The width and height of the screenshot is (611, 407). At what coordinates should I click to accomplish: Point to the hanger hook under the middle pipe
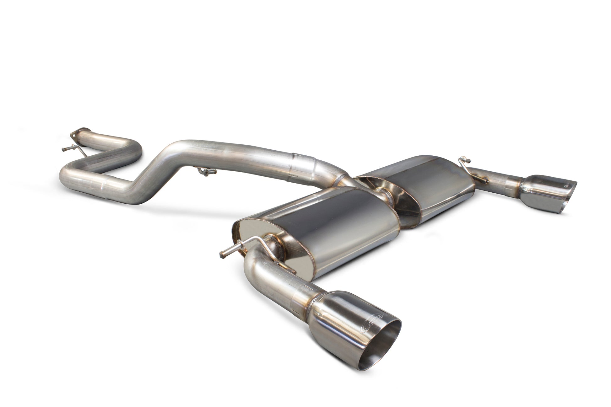click(206, 171)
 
